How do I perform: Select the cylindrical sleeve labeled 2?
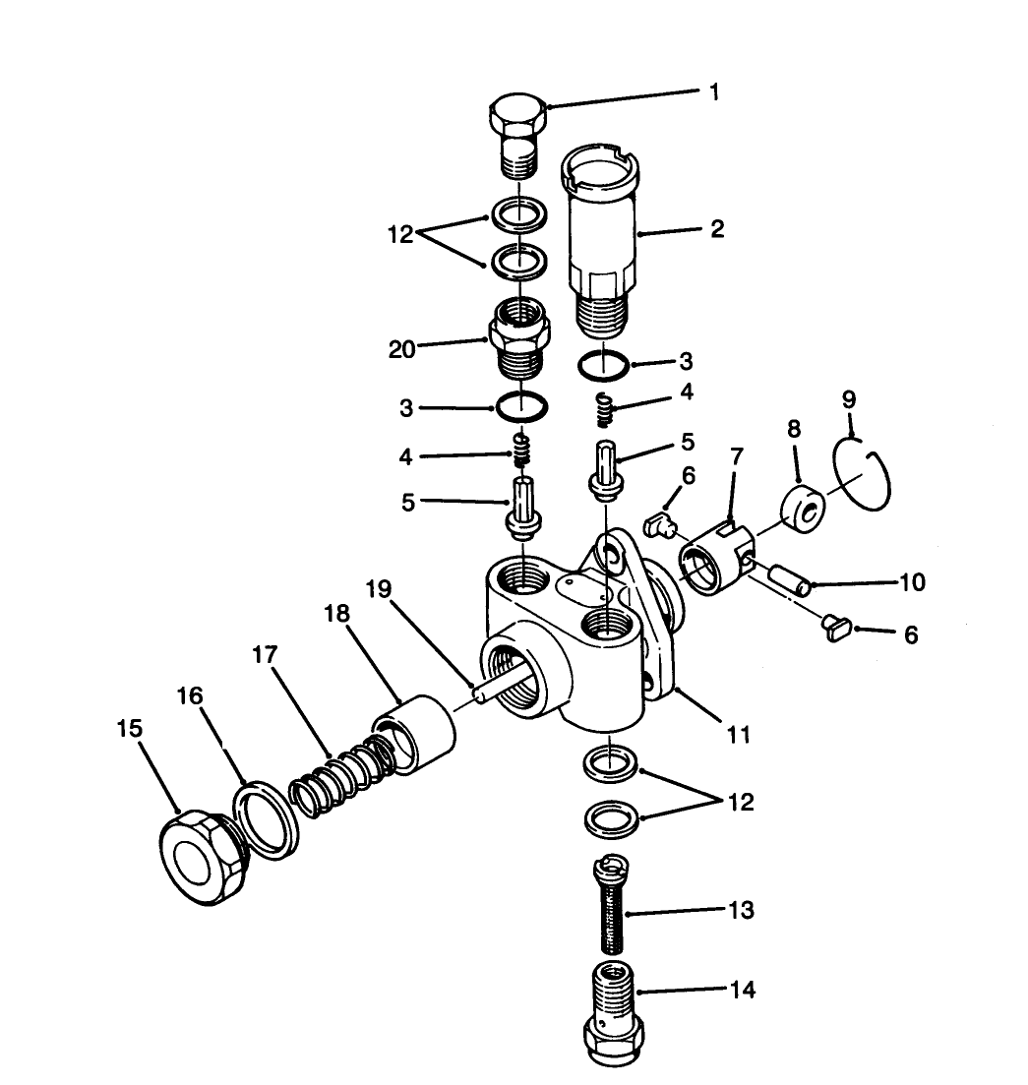click(x=601, y=236)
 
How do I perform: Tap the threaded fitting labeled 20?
click(x=517, y=339)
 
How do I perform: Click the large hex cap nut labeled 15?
click(x=203, y=857)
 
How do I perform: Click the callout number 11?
click(x=739, y=733)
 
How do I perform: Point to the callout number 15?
click(x=129, y=728)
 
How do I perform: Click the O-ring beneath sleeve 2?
click(x=601, y=366)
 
